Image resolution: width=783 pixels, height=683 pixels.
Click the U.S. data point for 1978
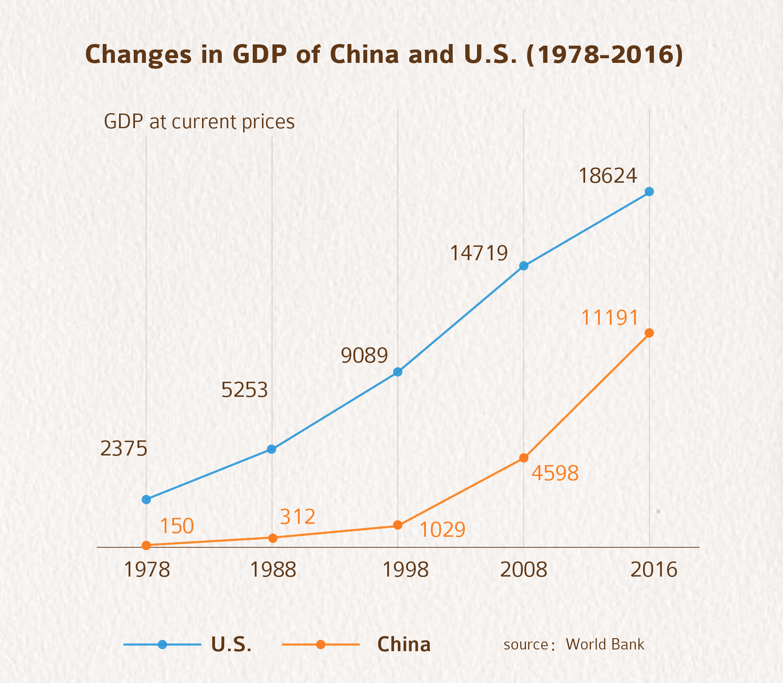click(x=146, y=499)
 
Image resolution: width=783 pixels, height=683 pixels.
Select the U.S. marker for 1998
click(x=398, y=372)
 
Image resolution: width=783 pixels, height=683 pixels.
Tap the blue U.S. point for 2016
click(x=649, y=191)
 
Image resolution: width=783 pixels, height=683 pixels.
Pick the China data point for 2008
click(x=524, y=458)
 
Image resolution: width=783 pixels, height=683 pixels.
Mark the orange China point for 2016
click(x=649, y=333)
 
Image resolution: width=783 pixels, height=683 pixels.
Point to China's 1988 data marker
click(x=272, y=538)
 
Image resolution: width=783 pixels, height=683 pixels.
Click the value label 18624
click(x=608, y=176)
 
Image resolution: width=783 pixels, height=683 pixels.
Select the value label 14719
click(x=479, y=254)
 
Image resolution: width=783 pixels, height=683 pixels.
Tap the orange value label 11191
click(x=610, y=318)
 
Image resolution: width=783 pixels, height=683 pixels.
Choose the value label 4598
click(x=555, y=473)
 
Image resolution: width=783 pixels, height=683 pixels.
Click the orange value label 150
click(x=177, y=526)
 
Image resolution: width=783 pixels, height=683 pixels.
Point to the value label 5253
click(x=244, y=390)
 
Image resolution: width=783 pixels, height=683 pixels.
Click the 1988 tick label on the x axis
click(x=273, y=570)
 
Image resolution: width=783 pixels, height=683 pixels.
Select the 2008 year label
click(x=524, y=570)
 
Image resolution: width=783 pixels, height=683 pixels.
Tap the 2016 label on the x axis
click(x=654, y=570)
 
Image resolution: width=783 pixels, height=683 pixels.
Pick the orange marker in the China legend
click(x=321, y=644)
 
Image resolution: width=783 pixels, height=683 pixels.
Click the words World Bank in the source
click(x=605, y=644)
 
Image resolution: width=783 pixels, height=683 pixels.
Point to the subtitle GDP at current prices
click(x=199, y=122)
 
